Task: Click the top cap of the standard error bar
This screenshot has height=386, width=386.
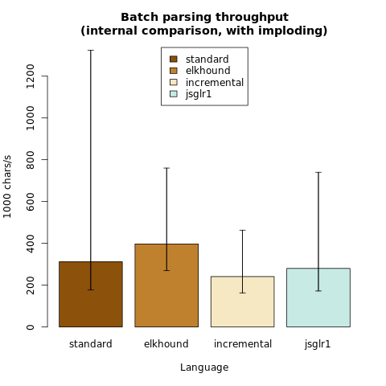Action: (x=91, y=50)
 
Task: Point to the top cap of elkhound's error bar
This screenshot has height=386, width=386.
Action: (x=166, y=168)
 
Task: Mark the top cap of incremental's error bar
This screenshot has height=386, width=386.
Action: (x=242, y=230)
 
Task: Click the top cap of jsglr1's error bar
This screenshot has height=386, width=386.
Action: (x=318, y=172)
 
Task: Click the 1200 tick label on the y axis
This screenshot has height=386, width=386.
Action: (x=31, y=76)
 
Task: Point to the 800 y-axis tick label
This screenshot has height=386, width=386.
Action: (x=31, y=160)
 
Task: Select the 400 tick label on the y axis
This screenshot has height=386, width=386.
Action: (x=31, y=244)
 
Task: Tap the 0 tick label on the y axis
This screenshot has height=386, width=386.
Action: (x=31, y=327)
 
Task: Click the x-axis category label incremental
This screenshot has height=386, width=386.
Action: (x=243, y=344)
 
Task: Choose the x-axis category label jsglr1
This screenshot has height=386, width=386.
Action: (x=318, y=344)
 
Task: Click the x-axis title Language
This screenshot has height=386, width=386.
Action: (x=204, y=368)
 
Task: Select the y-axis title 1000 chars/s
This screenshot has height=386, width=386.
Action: (x=7, y=187)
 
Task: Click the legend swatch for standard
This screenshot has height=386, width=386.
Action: (x=174, y=59)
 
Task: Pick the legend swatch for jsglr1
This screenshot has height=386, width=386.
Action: (x=174, y=94)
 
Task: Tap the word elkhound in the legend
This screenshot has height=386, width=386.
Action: (x=207, y=71)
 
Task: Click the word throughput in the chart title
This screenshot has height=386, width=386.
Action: (x=252, y=18)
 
